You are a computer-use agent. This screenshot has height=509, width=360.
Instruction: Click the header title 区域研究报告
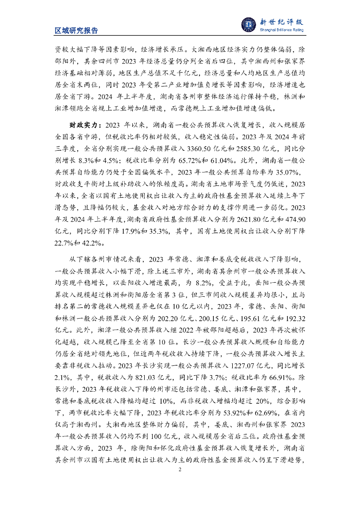click(76, 30)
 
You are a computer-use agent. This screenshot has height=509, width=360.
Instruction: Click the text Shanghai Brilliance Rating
click(282, 30)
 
